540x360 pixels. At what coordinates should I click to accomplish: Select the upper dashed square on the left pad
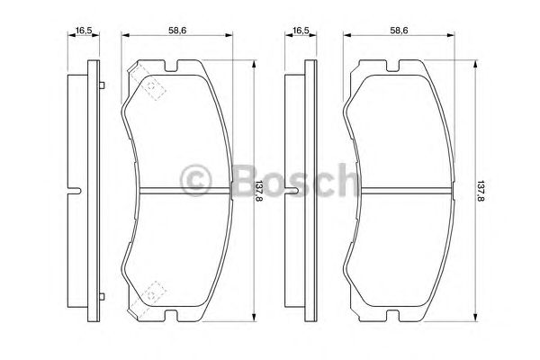154,86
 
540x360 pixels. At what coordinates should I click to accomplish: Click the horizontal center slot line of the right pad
397,189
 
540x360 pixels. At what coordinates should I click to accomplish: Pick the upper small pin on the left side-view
105,85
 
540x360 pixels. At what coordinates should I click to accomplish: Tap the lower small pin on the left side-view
105,292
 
